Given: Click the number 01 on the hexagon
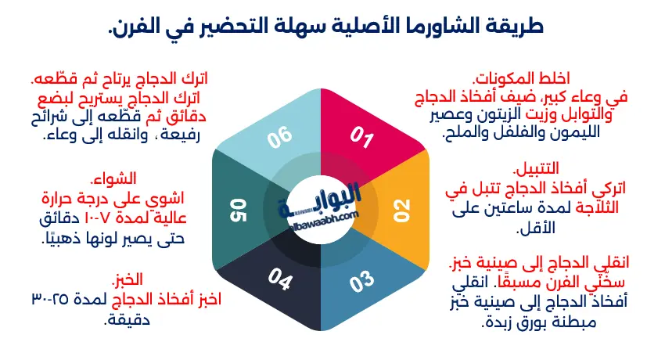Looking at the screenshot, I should tap(361, 138).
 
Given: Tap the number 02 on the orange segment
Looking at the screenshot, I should tap(401, 209).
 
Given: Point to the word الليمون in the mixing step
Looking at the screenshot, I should tap(584, 135).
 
